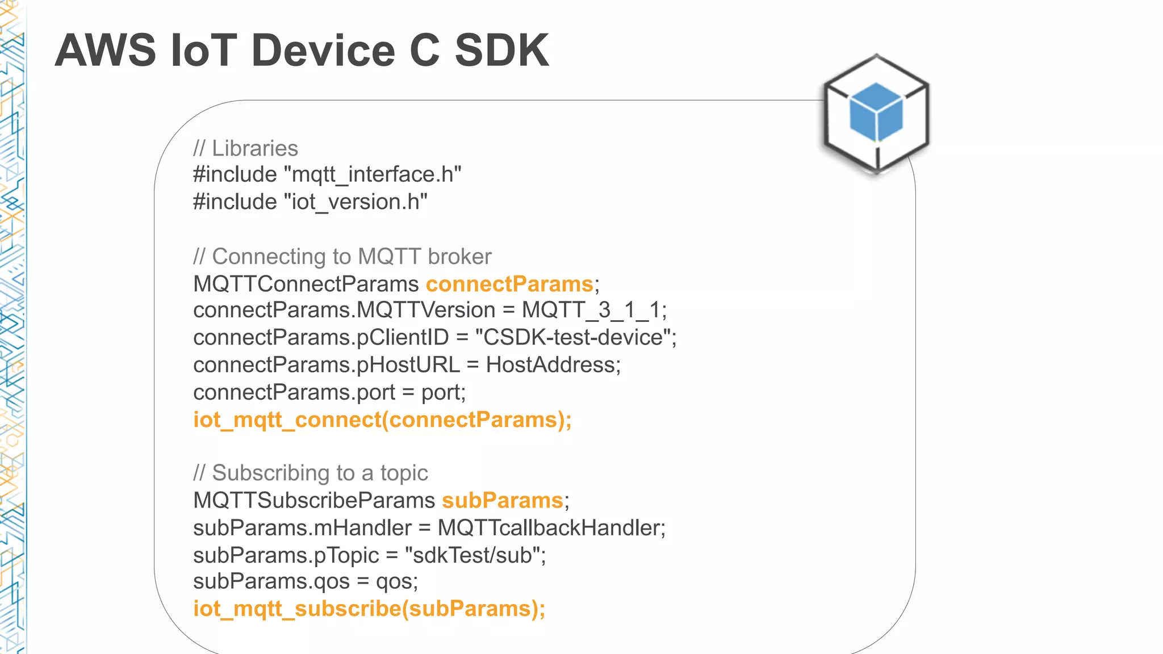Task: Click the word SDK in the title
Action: click(501, 51)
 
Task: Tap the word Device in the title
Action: click(323, 51)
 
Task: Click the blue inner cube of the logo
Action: click(876, 112)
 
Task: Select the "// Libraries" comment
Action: click(245, 148)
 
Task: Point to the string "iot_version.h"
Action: click(355, 202)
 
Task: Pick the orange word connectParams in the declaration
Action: click(509, 284)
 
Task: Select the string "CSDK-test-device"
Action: click(573, 337)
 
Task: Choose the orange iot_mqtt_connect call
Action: click(382, 420)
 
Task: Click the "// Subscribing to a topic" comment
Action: click(310, 473)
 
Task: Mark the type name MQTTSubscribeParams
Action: click(314, 500)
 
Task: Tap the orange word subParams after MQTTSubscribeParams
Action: click(503, 500)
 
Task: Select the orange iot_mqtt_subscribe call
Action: click(369, 609)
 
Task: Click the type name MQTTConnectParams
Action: click(306, 284)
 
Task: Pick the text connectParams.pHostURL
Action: click(327, 364)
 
